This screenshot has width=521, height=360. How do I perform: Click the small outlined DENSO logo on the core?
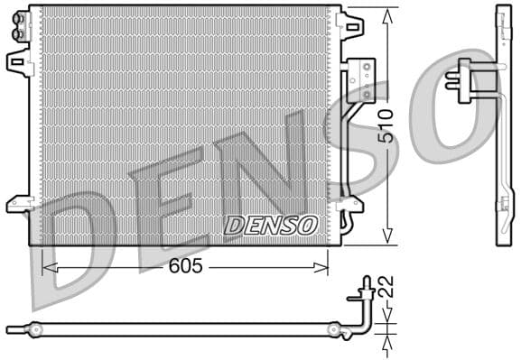point(271,225)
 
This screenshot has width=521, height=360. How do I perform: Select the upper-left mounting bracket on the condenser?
point(17,61)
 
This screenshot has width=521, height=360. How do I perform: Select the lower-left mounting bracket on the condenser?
point(17,203)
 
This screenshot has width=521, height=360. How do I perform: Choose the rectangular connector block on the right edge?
point(363,78)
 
